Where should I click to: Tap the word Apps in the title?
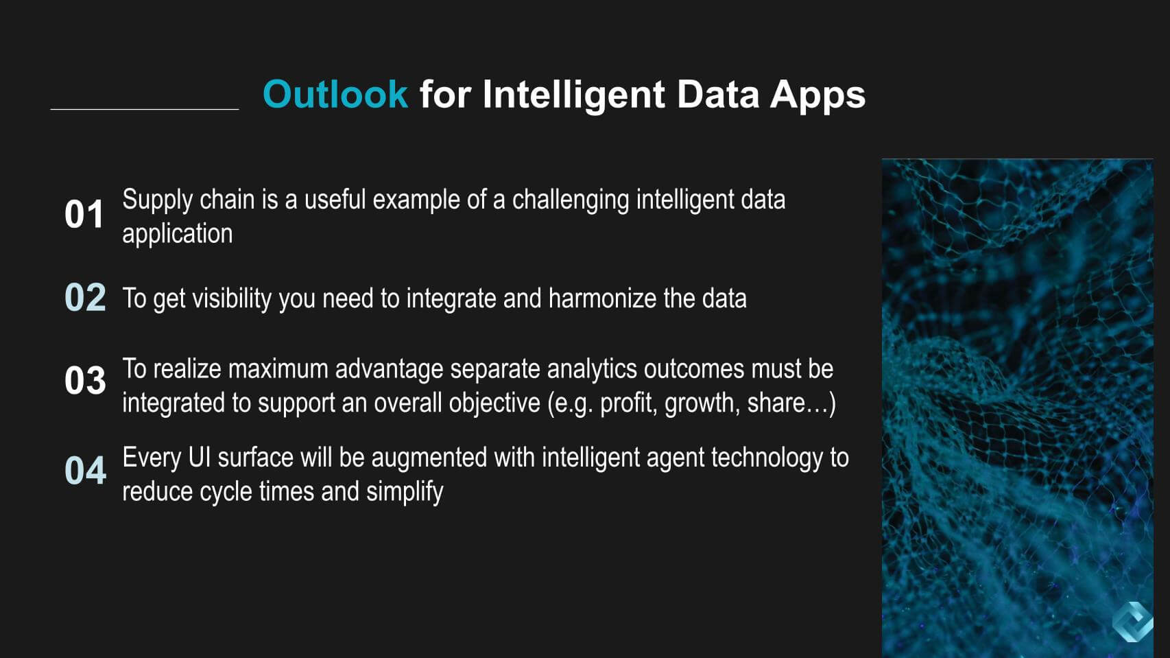coord(817,95)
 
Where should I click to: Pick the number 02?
coord(85,298)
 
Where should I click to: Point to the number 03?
coord(85,380)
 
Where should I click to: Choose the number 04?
coord(85,471)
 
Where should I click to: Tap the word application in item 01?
coord(177,233)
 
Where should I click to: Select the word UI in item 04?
coord(199,458)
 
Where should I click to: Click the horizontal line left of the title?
coord(144,109)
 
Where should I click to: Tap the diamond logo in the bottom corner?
coord(1132,622)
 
